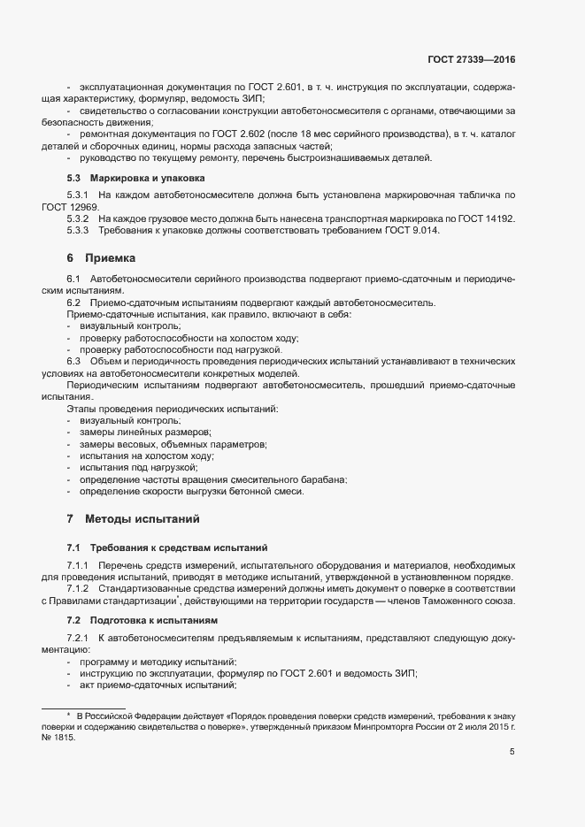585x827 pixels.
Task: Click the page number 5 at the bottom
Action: pos(512,752)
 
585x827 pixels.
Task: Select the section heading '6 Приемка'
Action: pos(101,258)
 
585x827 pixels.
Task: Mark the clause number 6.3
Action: pos(73,361)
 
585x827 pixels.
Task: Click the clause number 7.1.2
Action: pos(79,589)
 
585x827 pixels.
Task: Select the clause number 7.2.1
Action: pos(79,638)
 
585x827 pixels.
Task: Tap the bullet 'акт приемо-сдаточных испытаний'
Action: pos(157,685)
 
